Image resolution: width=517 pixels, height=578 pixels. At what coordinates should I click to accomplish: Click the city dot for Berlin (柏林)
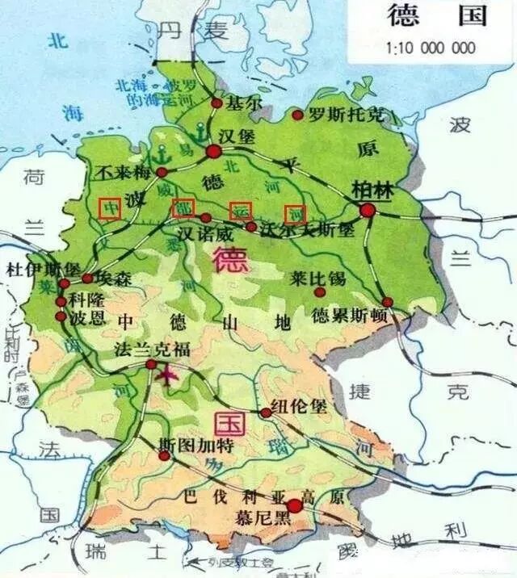tap(368, 211)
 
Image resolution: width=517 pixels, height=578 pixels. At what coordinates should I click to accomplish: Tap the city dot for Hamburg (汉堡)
tap(214, 152)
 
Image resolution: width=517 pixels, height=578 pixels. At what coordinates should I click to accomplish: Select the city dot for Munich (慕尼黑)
tap(295, 505)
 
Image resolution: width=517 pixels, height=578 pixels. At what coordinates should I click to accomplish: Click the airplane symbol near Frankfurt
tap(169, 376)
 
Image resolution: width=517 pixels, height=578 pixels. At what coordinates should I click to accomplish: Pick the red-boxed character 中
tap(110, 208)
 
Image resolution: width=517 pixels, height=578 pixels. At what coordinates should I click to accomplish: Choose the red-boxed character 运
tap(240, 210)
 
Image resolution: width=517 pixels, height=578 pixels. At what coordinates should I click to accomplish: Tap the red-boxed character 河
tap(296, 212)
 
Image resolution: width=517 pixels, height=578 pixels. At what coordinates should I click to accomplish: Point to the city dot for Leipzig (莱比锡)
tap(320, 291)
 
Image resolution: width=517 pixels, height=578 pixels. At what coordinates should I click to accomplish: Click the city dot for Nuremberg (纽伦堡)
tap(265, 413)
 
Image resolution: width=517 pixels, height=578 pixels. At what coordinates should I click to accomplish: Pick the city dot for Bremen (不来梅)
tap(162, 173)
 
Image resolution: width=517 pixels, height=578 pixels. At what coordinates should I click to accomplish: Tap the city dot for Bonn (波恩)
tap(61, 316)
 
